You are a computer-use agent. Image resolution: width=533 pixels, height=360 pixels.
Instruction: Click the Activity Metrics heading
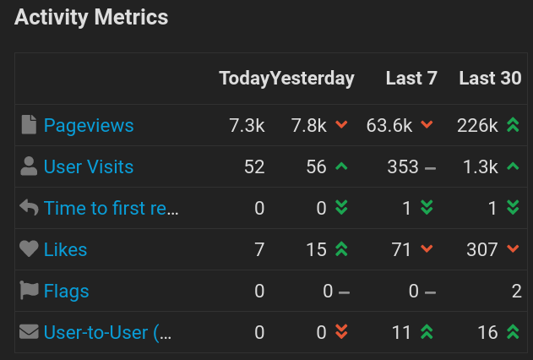[x=91, y=17]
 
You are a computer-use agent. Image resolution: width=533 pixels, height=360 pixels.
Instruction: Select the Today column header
[x=244, y=79]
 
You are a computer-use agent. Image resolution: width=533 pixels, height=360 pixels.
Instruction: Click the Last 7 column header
[x=411, y=79]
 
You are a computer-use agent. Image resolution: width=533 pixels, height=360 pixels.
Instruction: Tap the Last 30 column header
[x=490, y=79]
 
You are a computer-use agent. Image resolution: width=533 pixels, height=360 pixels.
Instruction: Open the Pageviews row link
[x=89, y=125]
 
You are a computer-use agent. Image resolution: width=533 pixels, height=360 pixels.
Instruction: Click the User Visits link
[x=89, y=166]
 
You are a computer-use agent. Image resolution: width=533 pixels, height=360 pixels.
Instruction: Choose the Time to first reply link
[x=111, y=208]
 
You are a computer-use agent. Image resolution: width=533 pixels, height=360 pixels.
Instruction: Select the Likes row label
[x=66, y=249]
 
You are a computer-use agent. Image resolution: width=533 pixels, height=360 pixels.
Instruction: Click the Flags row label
[x=67, y=291]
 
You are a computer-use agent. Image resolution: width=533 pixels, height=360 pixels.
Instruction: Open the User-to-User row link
[x=108, y=332]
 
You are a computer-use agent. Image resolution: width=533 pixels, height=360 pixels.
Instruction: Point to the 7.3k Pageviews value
[x=247, y=125]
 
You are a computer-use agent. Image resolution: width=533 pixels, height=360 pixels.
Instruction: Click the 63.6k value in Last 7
[x=389, y=125]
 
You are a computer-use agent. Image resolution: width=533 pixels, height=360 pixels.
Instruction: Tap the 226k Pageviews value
[x=477, y=125]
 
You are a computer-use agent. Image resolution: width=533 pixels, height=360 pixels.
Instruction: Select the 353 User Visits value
[x=402, y=166]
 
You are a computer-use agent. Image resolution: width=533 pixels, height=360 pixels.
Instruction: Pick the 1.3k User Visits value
[x=480, y=166]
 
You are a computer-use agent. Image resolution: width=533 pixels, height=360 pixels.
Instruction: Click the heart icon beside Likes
[x=30, y=249]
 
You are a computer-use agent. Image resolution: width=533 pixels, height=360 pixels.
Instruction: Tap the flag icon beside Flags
[x=30, y=291]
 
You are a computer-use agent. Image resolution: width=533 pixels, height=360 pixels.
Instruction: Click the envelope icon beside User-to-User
[x=30, y=332]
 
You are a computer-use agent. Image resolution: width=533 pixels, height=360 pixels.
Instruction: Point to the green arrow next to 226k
[x=512, y=125]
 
